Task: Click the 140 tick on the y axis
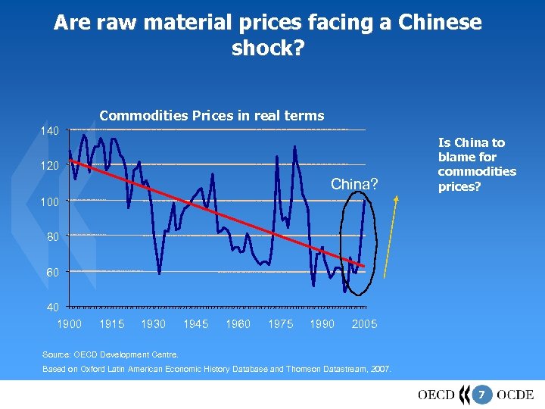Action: (49, 131)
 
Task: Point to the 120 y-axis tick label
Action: (49, 166)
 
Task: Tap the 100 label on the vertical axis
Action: (49, 201)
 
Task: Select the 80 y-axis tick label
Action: (51, 236)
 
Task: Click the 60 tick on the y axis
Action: (51, 272)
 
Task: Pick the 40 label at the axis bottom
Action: (51, 307)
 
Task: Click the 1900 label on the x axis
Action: (70, 324)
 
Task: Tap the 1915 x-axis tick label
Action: (112, 324)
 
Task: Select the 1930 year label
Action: (154, 324)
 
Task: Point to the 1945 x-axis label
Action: (196, 324)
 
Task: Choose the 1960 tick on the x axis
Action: (238, 324)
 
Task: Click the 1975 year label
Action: (281, 324)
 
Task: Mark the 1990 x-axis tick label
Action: (322, 324)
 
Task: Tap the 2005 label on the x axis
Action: (365, 324)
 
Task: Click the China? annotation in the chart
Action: (354, 184)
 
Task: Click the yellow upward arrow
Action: (391, 235)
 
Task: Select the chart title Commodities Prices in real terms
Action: (212, 116)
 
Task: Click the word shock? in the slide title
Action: (267, 48)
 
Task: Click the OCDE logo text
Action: (515, 394)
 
